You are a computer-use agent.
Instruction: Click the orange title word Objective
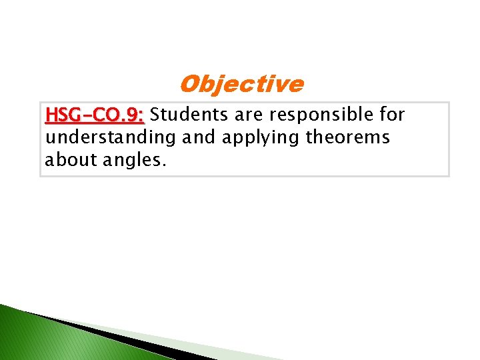[241, 85]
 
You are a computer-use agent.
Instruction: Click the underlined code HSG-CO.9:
[94, 115]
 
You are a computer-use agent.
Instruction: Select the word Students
[189, 115]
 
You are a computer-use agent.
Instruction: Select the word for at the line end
[393, 115]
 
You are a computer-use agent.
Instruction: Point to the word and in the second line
[194, 138]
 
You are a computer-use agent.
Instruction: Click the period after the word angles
[163, 165]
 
